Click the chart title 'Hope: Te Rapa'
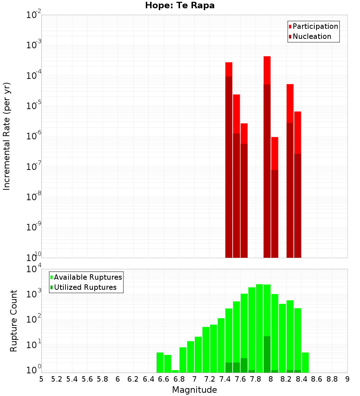(180, 6)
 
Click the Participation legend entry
(313, 26)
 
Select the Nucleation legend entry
(310, 36)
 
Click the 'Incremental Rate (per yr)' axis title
(7, 136)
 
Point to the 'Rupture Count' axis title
(14, 320)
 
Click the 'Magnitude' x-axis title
(194, 390)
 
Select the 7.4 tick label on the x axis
(225, 379)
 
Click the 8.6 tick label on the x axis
(317, 379)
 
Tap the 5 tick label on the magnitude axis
(41, 379)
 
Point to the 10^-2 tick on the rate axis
(34, 15)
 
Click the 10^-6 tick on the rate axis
(34, 136)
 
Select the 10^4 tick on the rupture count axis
(35, 269)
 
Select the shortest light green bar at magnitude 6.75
(175, 371)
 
